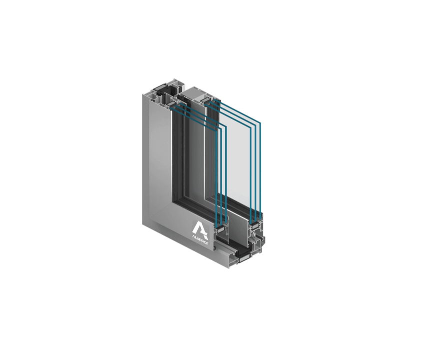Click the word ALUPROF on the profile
click(200, 238)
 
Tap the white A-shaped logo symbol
click(200, 228)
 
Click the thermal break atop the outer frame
click(161, 88)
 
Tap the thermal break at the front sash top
click(172, 104)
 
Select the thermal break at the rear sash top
click(206, 101)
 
